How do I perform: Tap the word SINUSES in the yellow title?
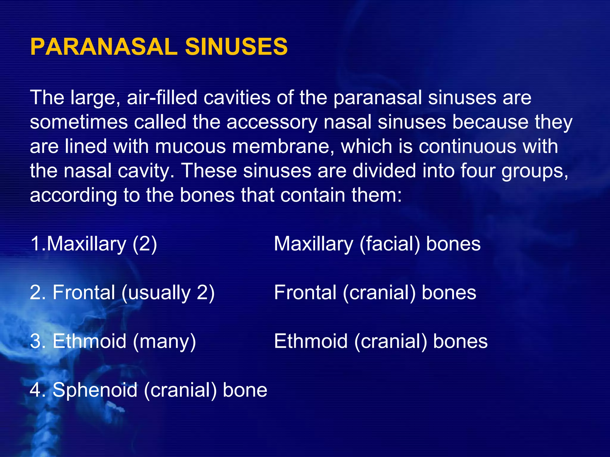pyautogui.click(x=236, y=47)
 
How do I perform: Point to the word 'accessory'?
pyautogui.click(x=272, y=122)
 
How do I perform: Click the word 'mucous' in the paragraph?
pyautogui.click(x=190, y=146)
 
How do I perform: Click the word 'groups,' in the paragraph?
pyautogui.click(x=535, y=171)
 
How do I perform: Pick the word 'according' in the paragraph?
pyautogui.click(x=73, y=196)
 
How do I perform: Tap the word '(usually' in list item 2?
pyautogui.click(x=156, y=293)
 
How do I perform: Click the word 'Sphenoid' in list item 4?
pyautogui.click(x=95, y=390)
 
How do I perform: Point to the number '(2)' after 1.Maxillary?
pyautogui.click(x=145, y=244)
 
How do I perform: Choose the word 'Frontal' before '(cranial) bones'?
pyautogui.click(x=305, y=292)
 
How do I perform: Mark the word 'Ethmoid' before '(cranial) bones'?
pyautogui.click(x=311, y=341)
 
